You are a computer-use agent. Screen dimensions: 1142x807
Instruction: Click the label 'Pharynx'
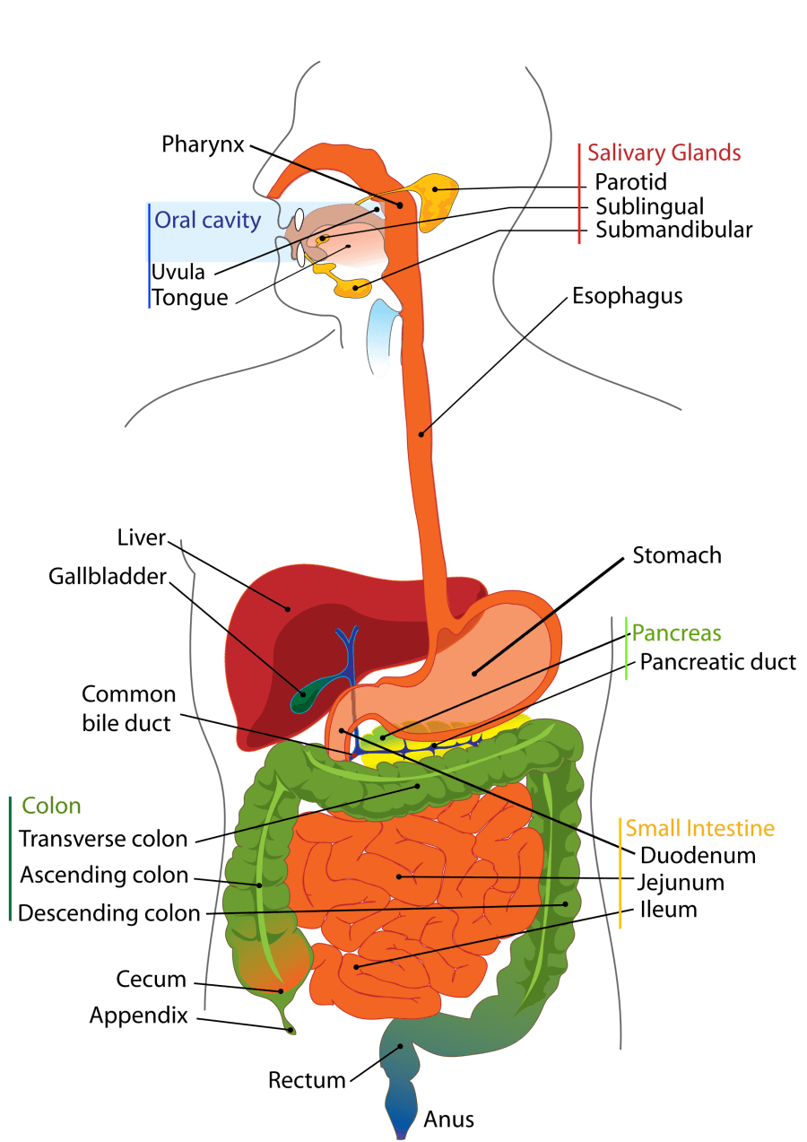pyautogui.click(x=203, y=144)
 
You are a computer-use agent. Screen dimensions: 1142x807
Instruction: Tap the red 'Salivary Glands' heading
pyautogui.click(x=664, y=153)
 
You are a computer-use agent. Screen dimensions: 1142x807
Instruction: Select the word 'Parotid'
pyautogui.click(x=631, y=182)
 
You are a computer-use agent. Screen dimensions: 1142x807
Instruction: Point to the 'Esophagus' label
pyautogui.click(x=627, y=296)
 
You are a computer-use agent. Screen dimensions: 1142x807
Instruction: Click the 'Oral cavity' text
pyautogui.click(x=207, y=221)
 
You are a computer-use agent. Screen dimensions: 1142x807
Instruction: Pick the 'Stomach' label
pyautogui.click(x=676, y=555)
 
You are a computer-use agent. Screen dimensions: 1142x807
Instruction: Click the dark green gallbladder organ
pyautogui.click(x=305, y=695)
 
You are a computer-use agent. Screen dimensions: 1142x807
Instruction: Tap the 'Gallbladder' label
pyautogui.click(x=108, y=576)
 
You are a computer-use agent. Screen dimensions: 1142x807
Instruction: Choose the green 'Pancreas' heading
pyautogui.click(x=676, y=634)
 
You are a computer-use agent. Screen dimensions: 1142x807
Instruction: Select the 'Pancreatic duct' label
pyautogui.click(x=717, y=662)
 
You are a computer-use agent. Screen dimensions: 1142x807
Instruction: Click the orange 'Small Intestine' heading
pyautogui.click(x=699, y=828)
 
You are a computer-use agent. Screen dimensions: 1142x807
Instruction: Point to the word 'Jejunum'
pyautogui.click(x=681, y=882)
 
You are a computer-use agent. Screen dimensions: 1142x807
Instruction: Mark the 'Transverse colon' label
pyautogui.click(x=103, y=840)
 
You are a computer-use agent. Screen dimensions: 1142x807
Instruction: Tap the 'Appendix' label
pyautogui.click(x=139, y=1016)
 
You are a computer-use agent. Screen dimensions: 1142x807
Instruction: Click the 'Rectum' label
pyautogui.click(x=307, y=1080)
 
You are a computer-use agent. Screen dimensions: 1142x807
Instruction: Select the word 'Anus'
pyautogui.click(x=448, y=1120)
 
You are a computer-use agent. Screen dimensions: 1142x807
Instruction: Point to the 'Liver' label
pyautogui.click(x=142, y=537)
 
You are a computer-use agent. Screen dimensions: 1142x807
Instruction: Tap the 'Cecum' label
pyautogui.click(x=151, y=980)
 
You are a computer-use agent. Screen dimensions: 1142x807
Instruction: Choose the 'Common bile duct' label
pyautogui.click(x=128, y=709)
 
